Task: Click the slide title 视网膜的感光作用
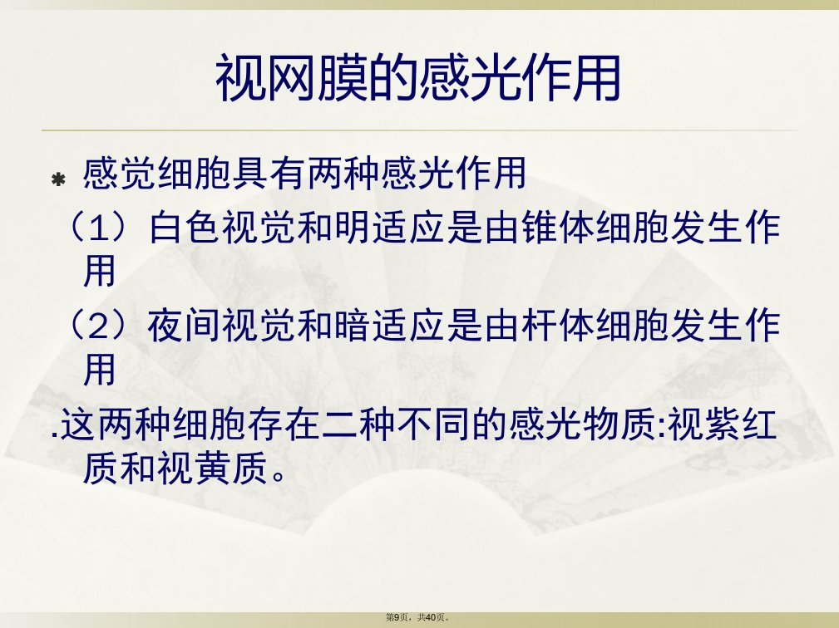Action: [x=418, y=79]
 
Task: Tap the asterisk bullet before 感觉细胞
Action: [x=57, y=179]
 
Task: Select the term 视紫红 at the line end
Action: [x=723, y=425]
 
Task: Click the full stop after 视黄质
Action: [x=279, y=476]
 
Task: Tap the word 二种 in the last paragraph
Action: [x=358, y=425]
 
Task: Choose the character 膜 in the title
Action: [x=343, y=79]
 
